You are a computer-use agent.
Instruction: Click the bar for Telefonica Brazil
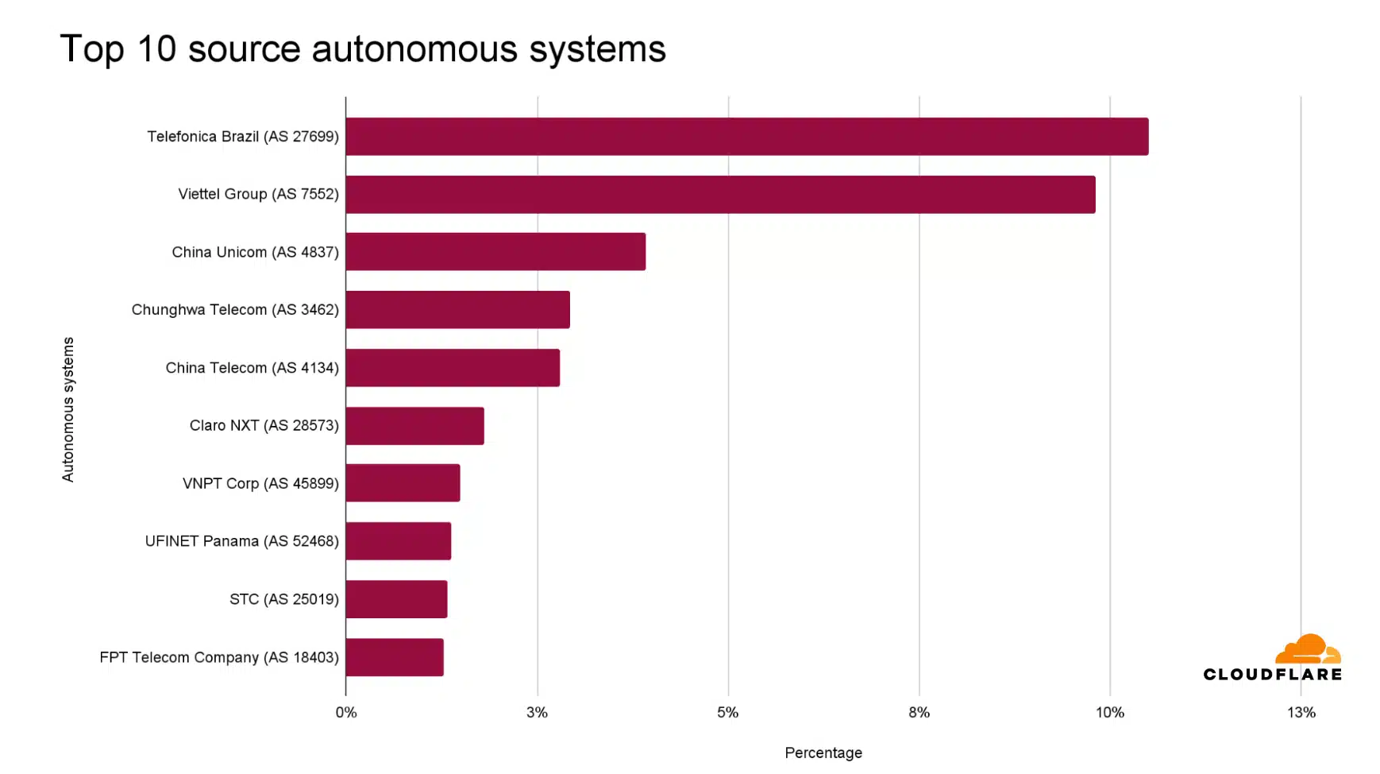[x=746, y=137]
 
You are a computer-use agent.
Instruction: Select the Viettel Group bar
[x=720, y=195]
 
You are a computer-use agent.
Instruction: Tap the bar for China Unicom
[x=495, y=252]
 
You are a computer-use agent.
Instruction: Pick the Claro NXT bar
[x=414, y=426]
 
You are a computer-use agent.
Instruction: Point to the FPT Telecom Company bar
[x=395, y=657]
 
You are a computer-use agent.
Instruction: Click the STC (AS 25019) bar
[x=396, y=599]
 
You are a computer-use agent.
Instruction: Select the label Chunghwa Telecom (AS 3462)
[x=235, y=310]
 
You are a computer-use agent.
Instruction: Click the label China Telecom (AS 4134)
[x=252, y=368]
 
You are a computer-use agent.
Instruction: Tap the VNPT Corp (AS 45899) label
[x=260, y=483]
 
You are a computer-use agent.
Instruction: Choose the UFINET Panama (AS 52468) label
[x=241, y=541]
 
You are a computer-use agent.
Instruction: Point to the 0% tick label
[x=346, y=713]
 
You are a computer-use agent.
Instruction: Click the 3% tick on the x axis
[x=538, y=713]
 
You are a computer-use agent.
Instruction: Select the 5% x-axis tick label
[x=728, y=713]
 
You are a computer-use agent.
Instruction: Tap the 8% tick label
[x=919, y=713]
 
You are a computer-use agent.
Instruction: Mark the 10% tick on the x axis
[x=1110, y=713]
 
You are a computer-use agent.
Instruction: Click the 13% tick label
[x=1301, y=713]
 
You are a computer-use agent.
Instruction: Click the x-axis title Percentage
[x=823, y=753]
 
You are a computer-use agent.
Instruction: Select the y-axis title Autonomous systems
[x=68, y=409]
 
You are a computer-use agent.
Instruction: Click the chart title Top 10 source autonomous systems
[x=363, y=49]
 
